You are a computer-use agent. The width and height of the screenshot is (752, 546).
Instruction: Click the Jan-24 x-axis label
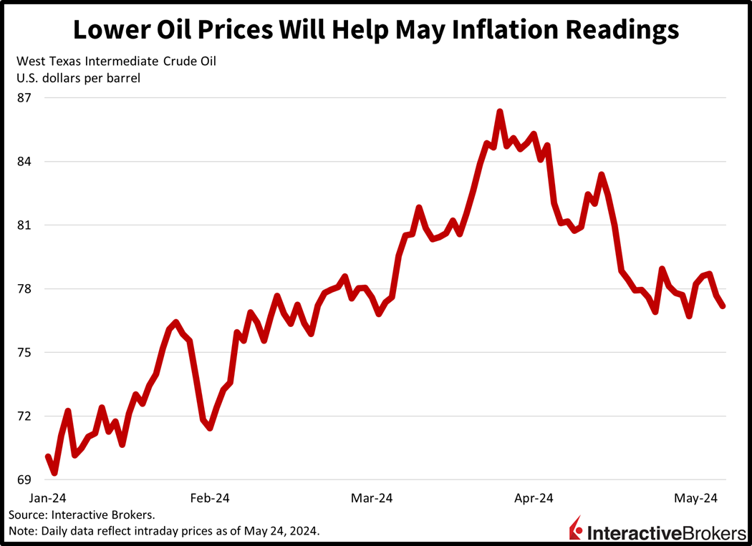click(x=47, y=498)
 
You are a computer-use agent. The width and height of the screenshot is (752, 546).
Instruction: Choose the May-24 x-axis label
click(x=699, y=498)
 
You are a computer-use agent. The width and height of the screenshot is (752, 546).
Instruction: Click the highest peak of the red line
click(x=500, y=112)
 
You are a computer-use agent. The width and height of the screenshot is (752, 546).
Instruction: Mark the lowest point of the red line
click(x=54, y=473)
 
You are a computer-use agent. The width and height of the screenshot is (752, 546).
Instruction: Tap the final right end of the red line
click(x=723, y=306)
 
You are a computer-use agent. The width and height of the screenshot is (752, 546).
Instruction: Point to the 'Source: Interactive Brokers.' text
click(x=82, y=515)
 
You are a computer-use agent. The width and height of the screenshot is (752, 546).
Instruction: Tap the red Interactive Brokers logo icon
click(x=575, y=529)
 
